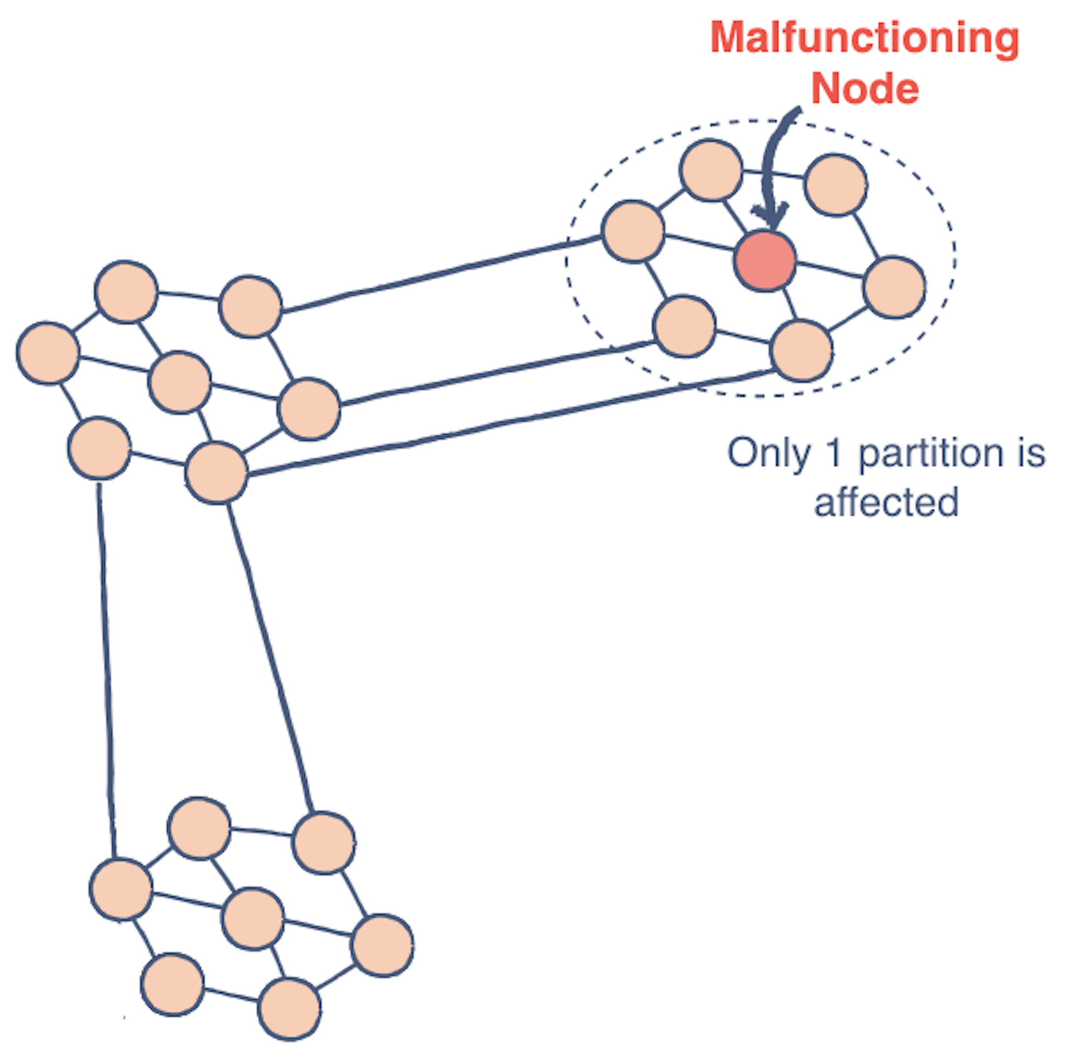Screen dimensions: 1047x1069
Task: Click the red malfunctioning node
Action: [765, 261]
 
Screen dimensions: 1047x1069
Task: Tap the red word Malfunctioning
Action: [864, 38]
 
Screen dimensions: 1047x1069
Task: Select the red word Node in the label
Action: [864, 89]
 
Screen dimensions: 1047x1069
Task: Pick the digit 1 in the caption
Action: [834, 453]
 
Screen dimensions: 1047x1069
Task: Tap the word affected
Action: [886, 502]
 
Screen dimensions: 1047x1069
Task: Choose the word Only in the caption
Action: [768, 454]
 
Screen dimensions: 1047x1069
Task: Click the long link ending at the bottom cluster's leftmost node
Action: [106, 671]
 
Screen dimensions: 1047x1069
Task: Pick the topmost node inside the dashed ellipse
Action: [711, 170]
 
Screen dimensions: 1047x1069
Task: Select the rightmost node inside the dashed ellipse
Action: [894, 287]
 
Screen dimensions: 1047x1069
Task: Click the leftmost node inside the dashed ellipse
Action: [633, 231]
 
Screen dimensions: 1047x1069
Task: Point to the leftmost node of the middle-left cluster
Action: [48, 353]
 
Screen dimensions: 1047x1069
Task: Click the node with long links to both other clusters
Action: [216, 472]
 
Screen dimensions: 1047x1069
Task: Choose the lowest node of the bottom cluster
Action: [289, 1009]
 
